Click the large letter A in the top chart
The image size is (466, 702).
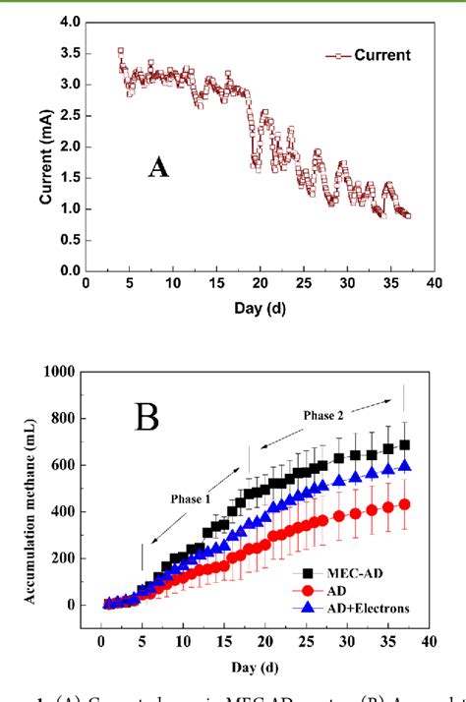pos(158,168)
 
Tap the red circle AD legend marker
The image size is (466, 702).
pos(306,590)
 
